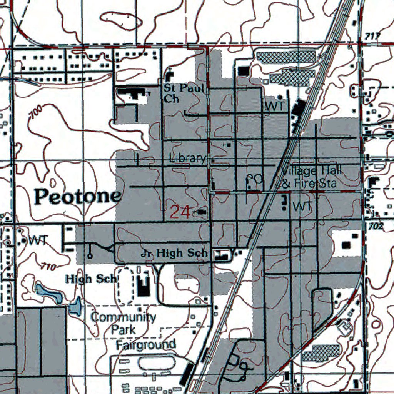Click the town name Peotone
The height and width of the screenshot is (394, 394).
(x=77, y=197)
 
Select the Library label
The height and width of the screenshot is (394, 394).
(x=188, y=158)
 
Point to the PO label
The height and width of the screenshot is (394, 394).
(x=254, y=179)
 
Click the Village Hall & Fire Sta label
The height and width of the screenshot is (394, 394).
(x=310, y=177)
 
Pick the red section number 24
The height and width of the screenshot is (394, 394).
(x=180, y=212)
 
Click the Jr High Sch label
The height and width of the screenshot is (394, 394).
(x=174, y=253)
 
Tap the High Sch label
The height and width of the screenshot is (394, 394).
(x=90, y=279)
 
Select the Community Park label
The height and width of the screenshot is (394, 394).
(x=124, y=323)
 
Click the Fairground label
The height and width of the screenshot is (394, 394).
(x=146, y=344)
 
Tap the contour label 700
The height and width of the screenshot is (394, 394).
(x=35, y=114)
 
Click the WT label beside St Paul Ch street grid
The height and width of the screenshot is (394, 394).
(x=274, y=107)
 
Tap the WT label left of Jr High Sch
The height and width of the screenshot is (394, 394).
(x=37, y=241)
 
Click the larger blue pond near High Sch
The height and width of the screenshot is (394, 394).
(x=49, y=293)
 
